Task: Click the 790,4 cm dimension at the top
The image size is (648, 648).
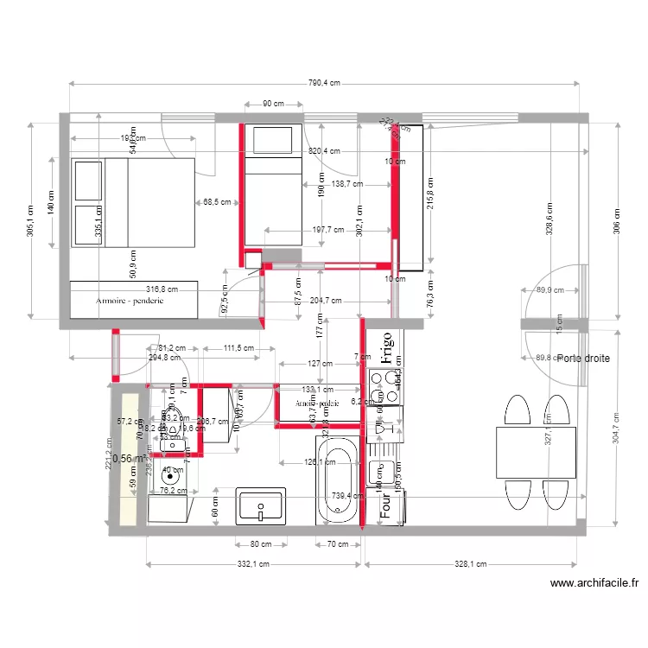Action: tap(324, 83)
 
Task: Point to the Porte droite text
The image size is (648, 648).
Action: tap(583, 358)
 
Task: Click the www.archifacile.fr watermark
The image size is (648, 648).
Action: tap(594, 583)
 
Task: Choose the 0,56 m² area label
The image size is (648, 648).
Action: tap(129, 459)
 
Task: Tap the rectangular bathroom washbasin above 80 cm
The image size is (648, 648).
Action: tap(260, 505)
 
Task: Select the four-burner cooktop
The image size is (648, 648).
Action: tap(384, 386)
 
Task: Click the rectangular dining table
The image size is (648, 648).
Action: tap(536, 452)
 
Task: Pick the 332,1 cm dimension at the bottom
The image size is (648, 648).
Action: tap(252, 564)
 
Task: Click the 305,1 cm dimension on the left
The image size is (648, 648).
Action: tap(31, 220)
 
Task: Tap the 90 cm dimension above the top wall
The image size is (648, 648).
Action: tap(273, 104)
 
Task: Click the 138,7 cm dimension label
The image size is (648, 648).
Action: tap(346, 184)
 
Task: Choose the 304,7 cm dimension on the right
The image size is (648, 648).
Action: tap(617, 428)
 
